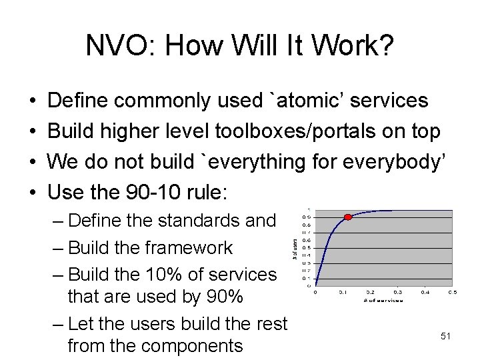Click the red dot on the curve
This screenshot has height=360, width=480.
coord(347,217)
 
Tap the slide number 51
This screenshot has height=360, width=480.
coord(446,337)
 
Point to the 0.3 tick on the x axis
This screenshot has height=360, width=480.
coord(397,292)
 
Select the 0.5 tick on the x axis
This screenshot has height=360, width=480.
coord(452,292)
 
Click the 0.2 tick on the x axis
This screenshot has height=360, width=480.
coord(370,292)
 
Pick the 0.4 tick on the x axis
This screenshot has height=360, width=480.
coord(425,292)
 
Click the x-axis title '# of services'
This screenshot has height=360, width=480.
coord(383,300)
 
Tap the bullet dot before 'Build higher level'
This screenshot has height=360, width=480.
coord(33,132)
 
